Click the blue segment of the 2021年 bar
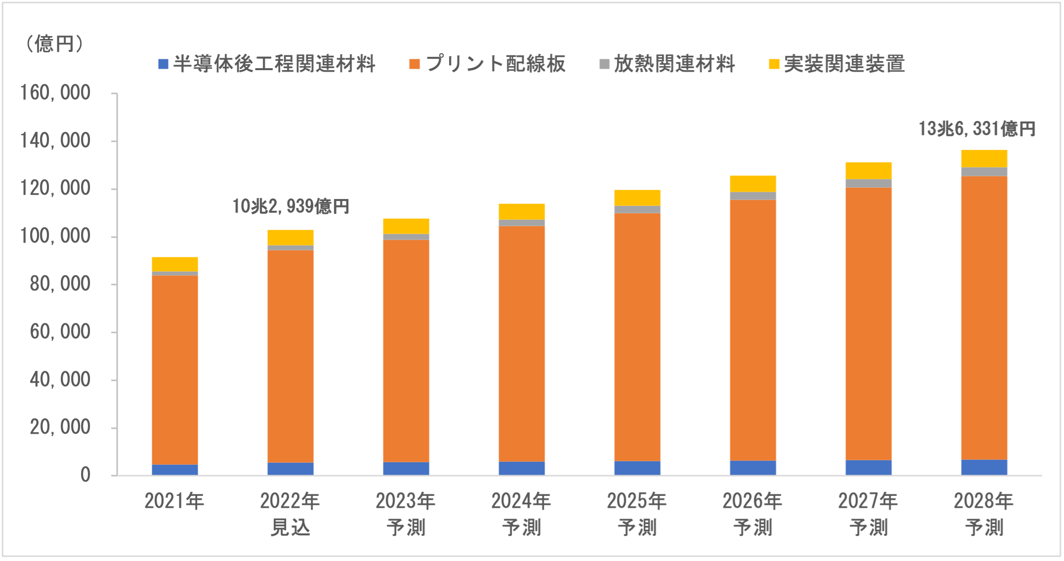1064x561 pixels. (x=175, y=470)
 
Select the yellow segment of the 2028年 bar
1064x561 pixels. (x=984, y=159)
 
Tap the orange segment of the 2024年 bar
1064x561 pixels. (x=522, y=344)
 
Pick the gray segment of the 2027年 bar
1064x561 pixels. (x=868, y=183)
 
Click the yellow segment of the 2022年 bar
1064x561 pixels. (x=290, y=238)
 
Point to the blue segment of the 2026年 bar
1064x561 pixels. (x=753, y=468)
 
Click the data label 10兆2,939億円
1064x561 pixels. (x=291, y=206)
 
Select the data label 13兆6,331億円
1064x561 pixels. (x=977, y=129)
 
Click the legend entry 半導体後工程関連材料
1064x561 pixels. (x=267, y=64)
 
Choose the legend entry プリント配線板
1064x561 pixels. (x=488, y=64)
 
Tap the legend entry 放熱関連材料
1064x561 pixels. (x=667, y=64)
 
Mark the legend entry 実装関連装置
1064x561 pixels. (x=837, y=64)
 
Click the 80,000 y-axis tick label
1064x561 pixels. (x=60, y=284)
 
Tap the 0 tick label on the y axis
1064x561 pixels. (x=85, y=475)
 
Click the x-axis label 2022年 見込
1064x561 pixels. (x=290, y=514)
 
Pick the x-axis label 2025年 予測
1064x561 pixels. (x=637, y=514)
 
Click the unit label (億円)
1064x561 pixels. (x=54, y=44)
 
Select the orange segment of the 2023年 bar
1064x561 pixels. (x=406, y=351)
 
